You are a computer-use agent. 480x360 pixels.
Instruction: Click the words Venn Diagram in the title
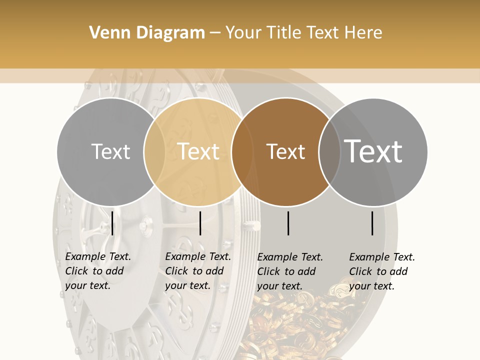[147, 33]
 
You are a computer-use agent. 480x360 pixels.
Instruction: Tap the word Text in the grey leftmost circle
[110, 151]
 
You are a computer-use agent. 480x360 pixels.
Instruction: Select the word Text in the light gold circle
[198, 151]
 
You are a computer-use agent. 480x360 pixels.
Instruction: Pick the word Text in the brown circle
[285, 151]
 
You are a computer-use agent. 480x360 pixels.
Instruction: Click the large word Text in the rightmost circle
[373, 151]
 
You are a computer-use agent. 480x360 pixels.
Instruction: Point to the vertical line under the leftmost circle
[112, 223]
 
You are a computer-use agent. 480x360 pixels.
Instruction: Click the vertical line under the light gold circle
[200, 223]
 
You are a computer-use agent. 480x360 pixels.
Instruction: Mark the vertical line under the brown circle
[288, 223]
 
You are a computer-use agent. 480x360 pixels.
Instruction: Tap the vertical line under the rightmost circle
[372, 223]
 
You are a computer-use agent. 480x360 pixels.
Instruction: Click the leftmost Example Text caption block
[97, 271]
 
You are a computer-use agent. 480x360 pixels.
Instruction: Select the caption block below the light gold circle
[197, 271]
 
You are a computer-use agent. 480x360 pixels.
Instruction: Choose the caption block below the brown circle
[289, 271]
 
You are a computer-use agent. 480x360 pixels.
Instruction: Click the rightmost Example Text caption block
[381, 271]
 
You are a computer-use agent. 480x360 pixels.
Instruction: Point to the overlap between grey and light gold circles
[154, 151]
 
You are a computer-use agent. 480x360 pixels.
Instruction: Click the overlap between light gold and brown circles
[241, 151]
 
